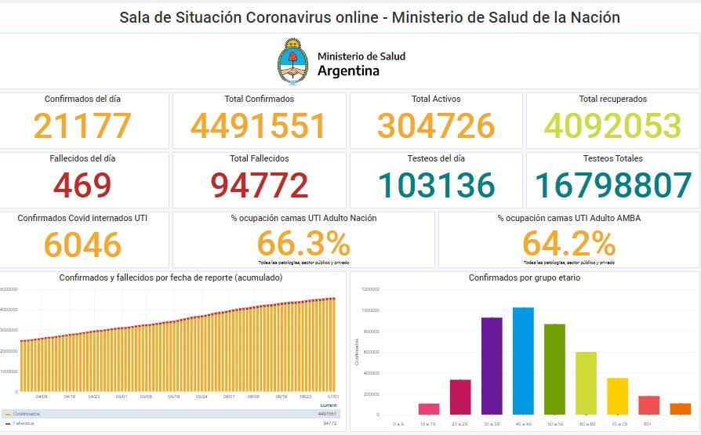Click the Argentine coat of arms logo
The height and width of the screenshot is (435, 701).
pos(293,63)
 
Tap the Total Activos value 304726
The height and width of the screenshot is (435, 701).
pos(436,126)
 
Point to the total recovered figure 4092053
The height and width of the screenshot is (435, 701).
pos(613,126)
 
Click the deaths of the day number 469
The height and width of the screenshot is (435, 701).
pos(82,186)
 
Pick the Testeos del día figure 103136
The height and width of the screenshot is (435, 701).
pos(436,186)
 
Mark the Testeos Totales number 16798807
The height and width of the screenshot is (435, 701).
pos(613,186)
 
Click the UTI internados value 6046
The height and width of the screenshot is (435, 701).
pos(82,245)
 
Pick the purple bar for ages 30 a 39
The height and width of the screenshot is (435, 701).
pos(492,364)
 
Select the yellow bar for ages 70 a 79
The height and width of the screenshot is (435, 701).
pos(617,395)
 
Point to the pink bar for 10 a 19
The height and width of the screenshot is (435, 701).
pos(429,408)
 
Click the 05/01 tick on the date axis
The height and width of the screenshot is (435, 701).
pos(122,397)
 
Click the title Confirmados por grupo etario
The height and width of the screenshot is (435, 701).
pos(525,278)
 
